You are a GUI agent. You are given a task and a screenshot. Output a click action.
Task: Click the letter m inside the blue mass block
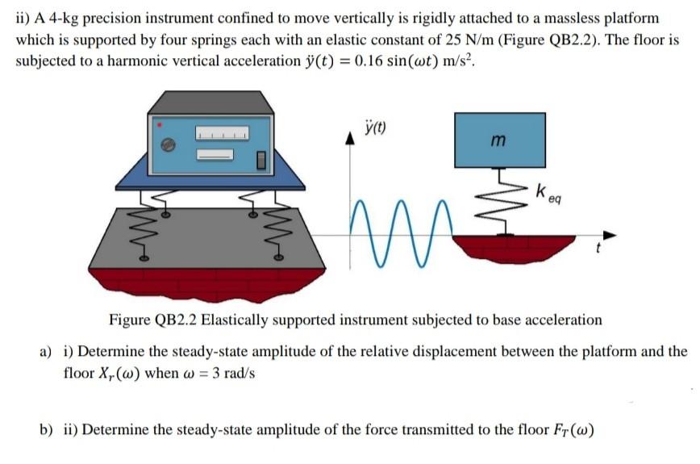pos(498,142)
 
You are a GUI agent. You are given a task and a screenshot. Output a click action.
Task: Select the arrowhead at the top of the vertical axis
pos(351,138)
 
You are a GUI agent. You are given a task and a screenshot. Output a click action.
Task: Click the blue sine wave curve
pos(403,234)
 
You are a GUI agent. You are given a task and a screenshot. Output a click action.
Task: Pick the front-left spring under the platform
pos(145,234)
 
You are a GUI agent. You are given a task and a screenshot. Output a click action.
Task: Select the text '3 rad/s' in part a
pos(231,374)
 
